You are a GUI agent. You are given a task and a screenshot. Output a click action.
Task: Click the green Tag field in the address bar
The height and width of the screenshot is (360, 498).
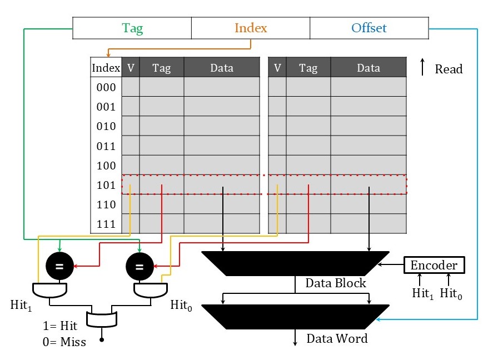132,28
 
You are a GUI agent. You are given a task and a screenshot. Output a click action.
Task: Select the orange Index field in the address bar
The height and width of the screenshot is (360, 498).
251,28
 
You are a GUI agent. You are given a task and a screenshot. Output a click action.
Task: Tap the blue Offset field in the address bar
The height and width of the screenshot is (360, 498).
369,28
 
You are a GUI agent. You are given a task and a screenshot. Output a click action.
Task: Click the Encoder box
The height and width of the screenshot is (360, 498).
434,266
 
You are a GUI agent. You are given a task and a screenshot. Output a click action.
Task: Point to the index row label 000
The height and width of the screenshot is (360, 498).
106,87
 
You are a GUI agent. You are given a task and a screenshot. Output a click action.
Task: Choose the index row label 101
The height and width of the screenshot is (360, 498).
106,185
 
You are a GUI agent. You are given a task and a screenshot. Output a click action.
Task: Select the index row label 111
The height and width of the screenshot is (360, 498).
106,224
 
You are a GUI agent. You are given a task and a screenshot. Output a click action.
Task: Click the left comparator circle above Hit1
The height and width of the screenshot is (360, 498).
59,266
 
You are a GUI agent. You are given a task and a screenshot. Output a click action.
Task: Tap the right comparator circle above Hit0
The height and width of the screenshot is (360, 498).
140,266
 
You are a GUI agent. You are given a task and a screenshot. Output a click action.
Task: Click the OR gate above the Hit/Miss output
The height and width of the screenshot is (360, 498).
102,319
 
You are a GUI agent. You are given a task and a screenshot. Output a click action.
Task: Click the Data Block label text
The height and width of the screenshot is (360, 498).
336,283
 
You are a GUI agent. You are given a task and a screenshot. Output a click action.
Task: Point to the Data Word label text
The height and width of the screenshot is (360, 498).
337,338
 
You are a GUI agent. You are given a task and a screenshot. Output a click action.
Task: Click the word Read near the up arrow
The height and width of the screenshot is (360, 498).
449,69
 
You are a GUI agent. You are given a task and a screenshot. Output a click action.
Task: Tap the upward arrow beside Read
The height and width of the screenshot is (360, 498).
423,68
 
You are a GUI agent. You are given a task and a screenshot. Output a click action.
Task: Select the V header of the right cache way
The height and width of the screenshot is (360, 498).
277,68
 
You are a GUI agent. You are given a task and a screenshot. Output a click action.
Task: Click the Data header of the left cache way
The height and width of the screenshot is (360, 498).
222,68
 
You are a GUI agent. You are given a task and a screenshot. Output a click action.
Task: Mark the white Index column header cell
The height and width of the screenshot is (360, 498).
106,68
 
